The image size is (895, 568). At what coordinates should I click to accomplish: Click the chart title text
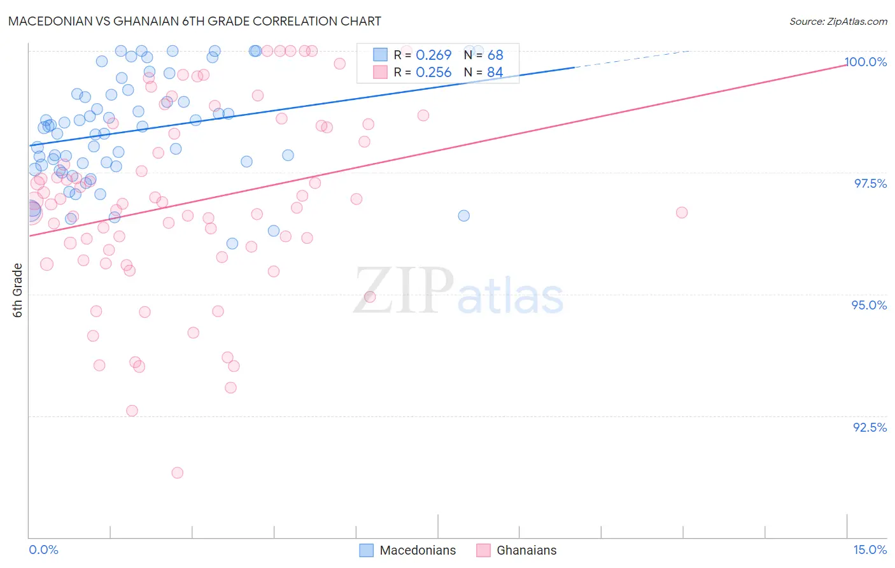195,21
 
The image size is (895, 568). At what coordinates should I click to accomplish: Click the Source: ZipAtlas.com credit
838,22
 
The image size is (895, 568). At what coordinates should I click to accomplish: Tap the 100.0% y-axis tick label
865,62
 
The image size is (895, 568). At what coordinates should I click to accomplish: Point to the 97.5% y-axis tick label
870,183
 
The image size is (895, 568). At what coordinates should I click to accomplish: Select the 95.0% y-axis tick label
869,305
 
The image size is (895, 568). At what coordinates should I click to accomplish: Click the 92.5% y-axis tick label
870,427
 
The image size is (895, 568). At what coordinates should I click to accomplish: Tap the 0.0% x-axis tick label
43,550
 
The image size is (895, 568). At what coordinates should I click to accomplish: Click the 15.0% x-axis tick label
870,550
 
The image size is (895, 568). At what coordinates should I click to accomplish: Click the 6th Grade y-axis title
18,290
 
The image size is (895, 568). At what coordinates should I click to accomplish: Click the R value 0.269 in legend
433,55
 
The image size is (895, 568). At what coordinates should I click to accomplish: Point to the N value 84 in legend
495,73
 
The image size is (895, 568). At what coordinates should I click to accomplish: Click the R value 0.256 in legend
433,73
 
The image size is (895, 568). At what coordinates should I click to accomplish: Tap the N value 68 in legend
495,55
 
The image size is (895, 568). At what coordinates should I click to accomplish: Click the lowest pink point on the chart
178,472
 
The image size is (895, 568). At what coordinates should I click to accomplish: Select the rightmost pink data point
682,213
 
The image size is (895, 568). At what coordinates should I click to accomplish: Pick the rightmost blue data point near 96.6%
464,216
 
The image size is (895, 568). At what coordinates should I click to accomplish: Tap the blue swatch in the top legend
380,55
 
